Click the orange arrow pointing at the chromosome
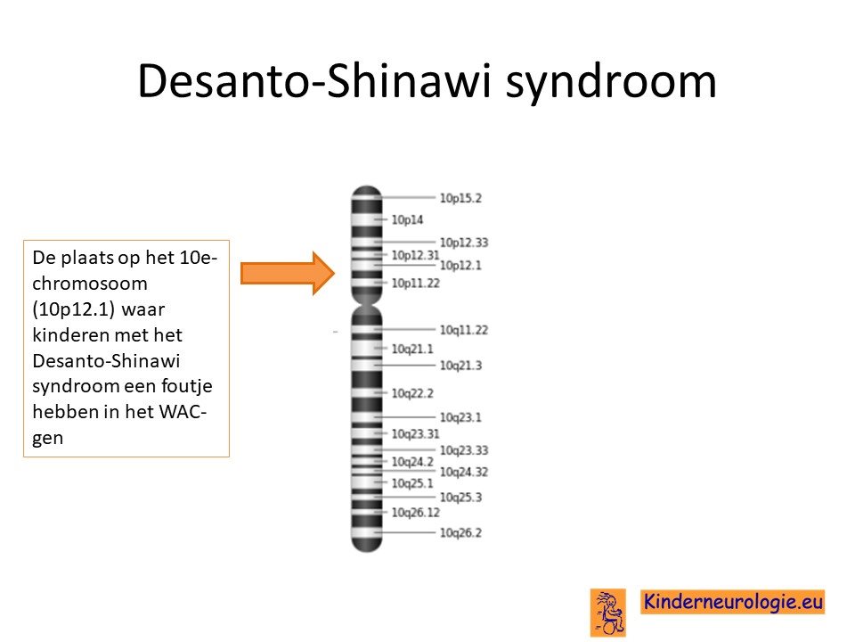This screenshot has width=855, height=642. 288,273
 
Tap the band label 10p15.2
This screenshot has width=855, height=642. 460,198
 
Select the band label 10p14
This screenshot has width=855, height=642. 407,219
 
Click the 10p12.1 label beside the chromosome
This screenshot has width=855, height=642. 460,266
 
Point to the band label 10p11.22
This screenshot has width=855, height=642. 416,283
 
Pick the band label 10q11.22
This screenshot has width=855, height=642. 464,330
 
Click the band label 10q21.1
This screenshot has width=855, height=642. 412,349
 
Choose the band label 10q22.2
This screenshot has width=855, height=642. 412,393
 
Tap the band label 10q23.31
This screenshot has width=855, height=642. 416,433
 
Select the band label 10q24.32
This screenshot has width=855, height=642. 464,472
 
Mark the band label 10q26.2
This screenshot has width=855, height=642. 460,532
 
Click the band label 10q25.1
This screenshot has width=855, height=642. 412,483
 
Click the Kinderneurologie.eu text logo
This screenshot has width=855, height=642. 733,602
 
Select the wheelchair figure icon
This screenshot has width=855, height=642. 608,613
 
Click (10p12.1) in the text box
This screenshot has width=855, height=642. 74,309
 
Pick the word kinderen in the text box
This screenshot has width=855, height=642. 69,334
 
